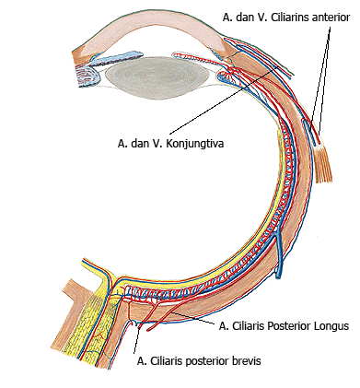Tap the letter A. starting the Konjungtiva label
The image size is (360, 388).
point(122,143)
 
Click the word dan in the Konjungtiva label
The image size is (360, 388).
point(143,143)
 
